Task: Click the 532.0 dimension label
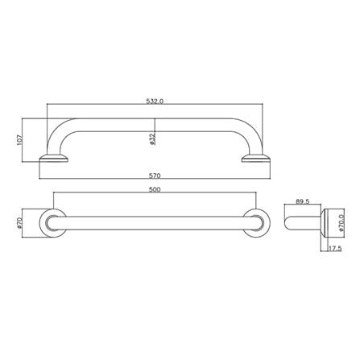155,101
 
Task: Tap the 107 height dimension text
20,140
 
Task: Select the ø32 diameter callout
152,139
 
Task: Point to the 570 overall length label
155,176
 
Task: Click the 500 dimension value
155,189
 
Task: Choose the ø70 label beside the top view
19,223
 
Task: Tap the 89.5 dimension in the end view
303,201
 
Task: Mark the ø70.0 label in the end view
341,223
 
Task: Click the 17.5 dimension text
335,249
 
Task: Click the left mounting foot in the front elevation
54,159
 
